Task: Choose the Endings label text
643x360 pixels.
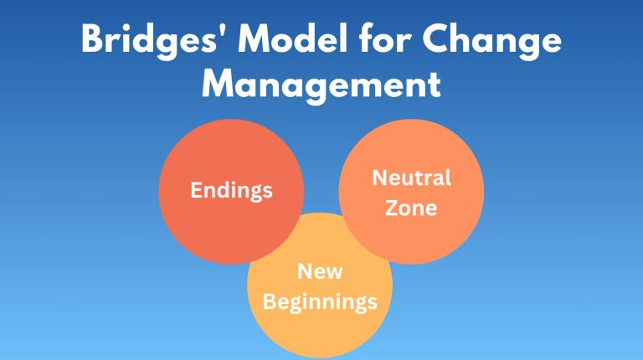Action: pos(231,190)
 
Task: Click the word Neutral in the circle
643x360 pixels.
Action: pos(411,177)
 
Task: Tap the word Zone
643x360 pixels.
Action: pos(411,207)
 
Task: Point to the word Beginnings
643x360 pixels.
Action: pos(320,301)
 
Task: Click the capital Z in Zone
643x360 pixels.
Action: pos(391,207)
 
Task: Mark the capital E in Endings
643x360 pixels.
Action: pos(196,189)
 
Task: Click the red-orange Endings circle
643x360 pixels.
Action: pos(209,226)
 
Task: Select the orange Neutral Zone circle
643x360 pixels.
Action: pos(435,234)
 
